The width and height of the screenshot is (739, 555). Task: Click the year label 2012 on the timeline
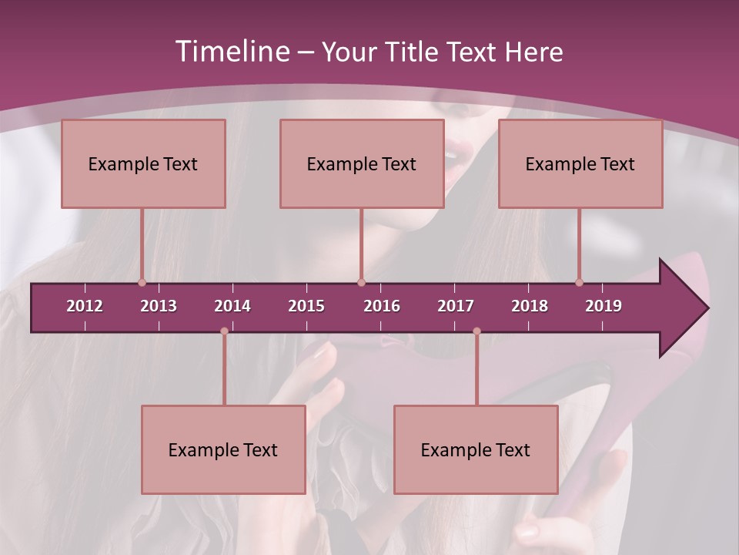pyautogui.click(x=85, y=306)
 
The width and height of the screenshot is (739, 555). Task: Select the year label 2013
pyautogui.click(x=159, y=306)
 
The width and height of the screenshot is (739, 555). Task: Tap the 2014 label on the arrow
pyautogui.click(x=232, y=306)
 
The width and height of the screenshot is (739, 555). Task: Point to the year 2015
pyautogui.click(x=306, y=306)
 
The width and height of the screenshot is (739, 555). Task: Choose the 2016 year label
pyautogui.click(x=382, y=306)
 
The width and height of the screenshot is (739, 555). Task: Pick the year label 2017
pyautogui.click(x=456, y=306)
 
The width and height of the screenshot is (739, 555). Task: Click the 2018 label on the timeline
pyautogui.click(x=530, y=306)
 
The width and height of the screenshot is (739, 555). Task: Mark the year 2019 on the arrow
pyautogui.click(x=604, y=306)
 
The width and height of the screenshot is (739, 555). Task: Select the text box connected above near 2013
pyautogui.click(x=143, y=163)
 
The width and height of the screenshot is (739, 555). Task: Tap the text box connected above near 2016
pyautogui.click(x=362, y=163)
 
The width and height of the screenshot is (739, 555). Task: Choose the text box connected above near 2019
pyautogui.click(x=580, y=163)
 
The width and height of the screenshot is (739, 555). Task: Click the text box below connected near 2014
pyautogui.click(x=223, y=449)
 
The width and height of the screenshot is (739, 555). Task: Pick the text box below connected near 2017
pyautogui.click(x=476, y=449)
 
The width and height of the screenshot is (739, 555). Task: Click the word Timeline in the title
pyautogui.click(x=232, y=51)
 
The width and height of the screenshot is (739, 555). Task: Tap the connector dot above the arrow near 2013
pyautogui.click(x=142, y=282)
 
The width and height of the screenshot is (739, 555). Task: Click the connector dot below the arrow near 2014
pyautogui.click(x=224, y=331)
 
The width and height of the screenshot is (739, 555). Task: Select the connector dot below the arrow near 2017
pyautogui.click(x=477, y=331)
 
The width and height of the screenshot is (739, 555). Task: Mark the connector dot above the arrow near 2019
pyautogui.click(x=579, y=282)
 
